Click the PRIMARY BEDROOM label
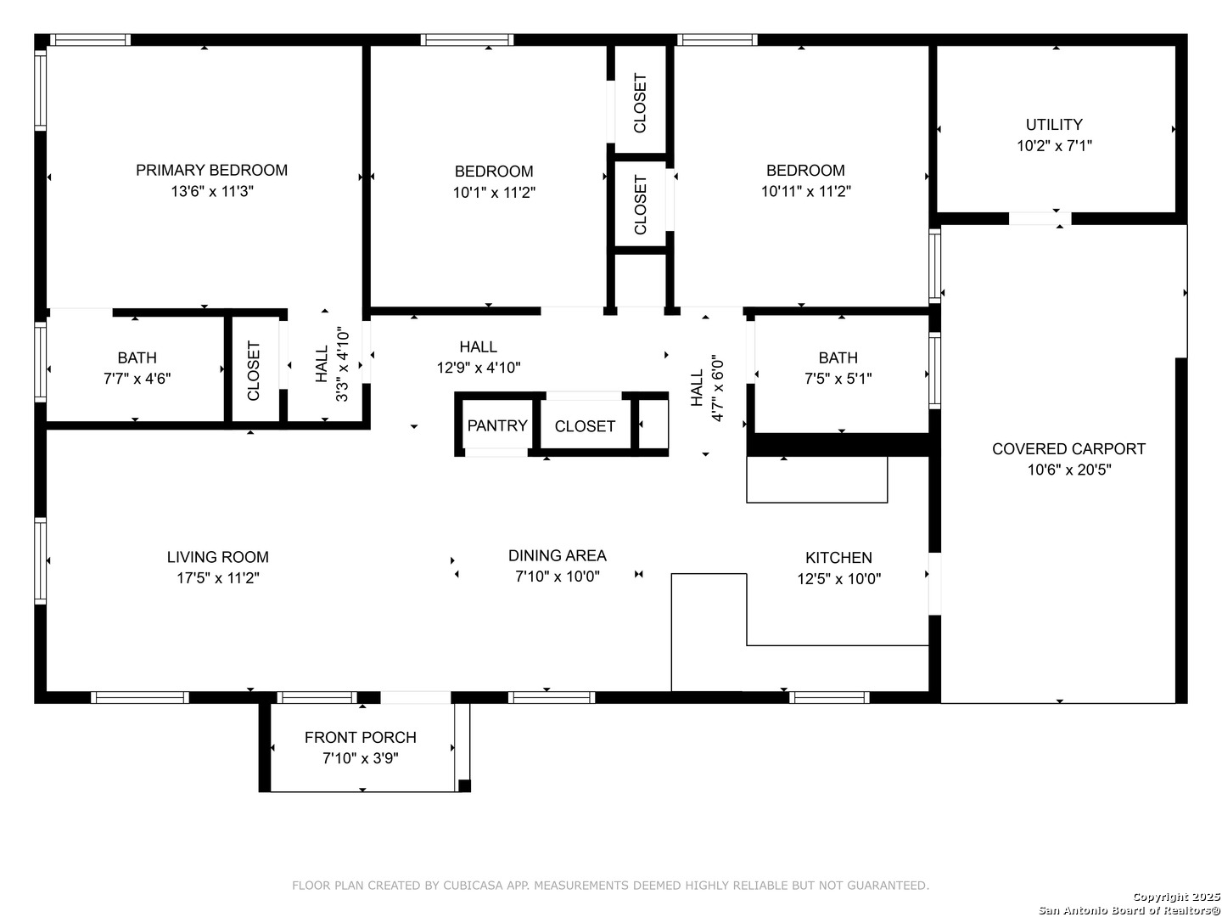pyautogui.click(x=211, y=170)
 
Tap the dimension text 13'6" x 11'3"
pyautogui.click(x=212, y=191)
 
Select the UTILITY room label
pyautogui.click(x=1054, y=124)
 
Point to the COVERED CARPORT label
pyautogui.click(x=1068, y=449)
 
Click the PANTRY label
pyautogui.click(x=497, y=426)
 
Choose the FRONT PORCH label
pyautogui.click(x=360, y=737)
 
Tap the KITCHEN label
pyautogui.click(x=838, y=557)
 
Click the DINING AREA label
pyautogui.click(x=558, y=555)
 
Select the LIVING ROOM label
pyautogui.click(x=218, y=557)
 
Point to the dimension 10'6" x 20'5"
pyautogui.click(x=1069, y=470)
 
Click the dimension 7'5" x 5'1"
pyautogui.click(x=838, y=379)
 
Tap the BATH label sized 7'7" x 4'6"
pyautogui.click(x=137, y=357)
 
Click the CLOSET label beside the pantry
pyautogui.click(x=585, y=426)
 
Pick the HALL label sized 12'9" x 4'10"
pyautogui.click(x=479, y=347)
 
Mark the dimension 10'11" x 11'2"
pyautogui.click(x=805, y=191)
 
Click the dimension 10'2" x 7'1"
pyautogui.click(x=1055, y=145)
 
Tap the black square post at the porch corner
pyautogui.click(x=464, y=785)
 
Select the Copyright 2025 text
pyautogui.click(x=1176, y=897)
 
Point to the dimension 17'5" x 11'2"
pyautogui.click(x=218, y=578)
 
